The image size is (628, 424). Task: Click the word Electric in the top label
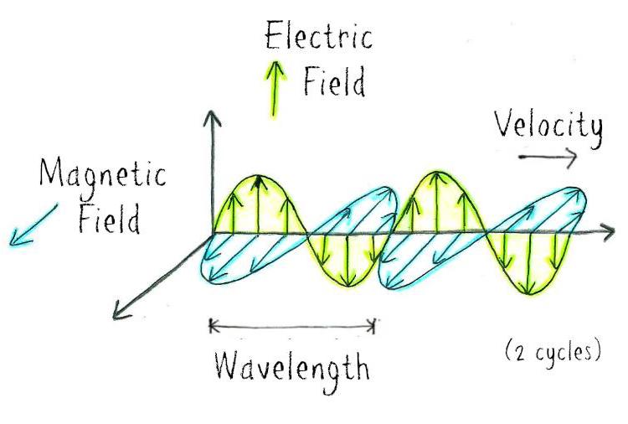[x=317, y=38]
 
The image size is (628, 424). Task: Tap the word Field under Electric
[x=334, y=85]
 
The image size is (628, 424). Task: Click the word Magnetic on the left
[x=103, y=177]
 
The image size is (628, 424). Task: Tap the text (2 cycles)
[x=553, y=351]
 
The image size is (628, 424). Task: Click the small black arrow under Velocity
[x=548, y=157]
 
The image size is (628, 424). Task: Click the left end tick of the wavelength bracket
[x=210, y=325]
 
